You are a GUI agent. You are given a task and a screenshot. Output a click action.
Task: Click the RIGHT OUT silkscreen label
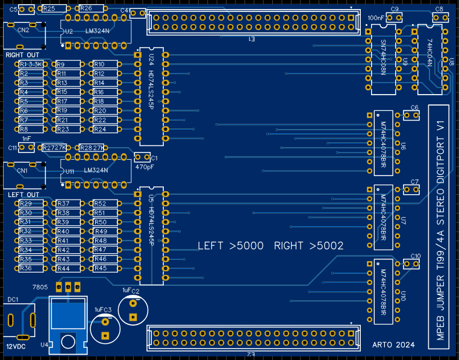coord(23,55)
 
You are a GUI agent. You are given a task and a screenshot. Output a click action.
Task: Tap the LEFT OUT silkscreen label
coord(23,195)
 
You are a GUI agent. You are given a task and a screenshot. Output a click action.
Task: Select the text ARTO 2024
coord(394,345)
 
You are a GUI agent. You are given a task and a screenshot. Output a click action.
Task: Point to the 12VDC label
coord(16,347)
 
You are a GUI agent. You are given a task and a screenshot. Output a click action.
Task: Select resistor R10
coord(100,65)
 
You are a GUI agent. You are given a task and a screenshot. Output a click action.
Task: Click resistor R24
coord(100,129)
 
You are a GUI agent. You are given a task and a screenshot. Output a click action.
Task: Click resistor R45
coord(100,268)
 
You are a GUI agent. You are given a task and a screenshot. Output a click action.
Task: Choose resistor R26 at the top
coord(86,8)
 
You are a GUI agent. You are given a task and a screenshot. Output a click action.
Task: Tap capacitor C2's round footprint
coord(131,307)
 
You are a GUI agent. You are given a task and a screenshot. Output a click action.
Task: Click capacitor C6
coord(411,115)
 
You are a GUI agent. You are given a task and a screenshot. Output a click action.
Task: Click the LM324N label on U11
coord(96,171)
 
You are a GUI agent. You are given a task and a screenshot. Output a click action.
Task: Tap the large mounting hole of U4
coord(67,341)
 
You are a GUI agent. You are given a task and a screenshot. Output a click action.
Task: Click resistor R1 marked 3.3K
coord(31,64)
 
